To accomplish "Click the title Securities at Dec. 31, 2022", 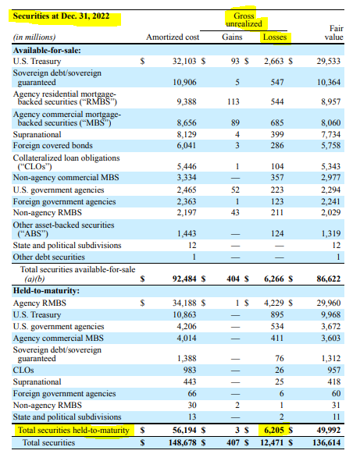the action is click(x=61, y=16).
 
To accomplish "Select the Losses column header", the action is click(x=275, y=37).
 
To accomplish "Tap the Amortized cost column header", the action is click(x=173, y=37).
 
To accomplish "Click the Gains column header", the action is click(x=232, y=37).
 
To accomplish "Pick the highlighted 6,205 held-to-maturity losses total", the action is click(x=274, y=430).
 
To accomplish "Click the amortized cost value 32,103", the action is click(x=184, y=61).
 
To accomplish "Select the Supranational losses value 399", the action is click(x=277, y=134).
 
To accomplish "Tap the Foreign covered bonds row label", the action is click(x=53, y=145).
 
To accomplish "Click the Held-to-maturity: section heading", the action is click(x=46, y=291).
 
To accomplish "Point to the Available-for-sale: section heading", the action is click(x=47, y=51).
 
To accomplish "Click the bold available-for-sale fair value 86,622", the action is click(x=329, y=278).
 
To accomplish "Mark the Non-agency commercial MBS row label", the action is click(x=66, y=177).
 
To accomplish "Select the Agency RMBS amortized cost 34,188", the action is click(x=184, y=303).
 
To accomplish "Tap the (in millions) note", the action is click(x=34, y=37).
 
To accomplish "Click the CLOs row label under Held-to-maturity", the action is click(x=23, y=370).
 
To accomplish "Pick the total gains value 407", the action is click(x=233, y=442).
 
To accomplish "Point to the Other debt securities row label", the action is click(x=49, y=257).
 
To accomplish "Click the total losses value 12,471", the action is click(x=272, y=442).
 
